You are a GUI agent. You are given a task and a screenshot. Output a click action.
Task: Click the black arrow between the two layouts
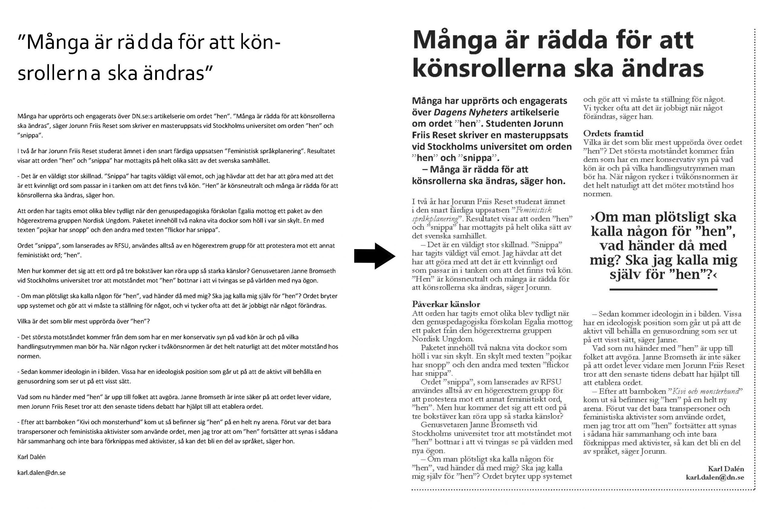click(x=374, y=256)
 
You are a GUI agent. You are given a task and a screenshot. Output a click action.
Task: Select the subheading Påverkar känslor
click(x=446, y=304)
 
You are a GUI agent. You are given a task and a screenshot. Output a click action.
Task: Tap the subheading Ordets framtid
click(x=613, y=133)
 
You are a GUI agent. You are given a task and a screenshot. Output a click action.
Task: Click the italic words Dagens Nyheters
click(x=471, y=112)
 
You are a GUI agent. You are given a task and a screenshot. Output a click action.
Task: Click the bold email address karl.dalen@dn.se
click(x=715, y=477)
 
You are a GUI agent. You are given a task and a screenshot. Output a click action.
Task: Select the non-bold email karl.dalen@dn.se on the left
click(x=41, y=473)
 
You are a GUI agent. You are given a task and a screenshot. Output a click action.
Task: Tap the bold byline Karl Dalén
click(x=726, y=469)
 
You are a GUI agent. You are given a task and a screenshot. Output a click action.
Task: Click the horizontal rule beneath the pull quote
click(x=663, y=289)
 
